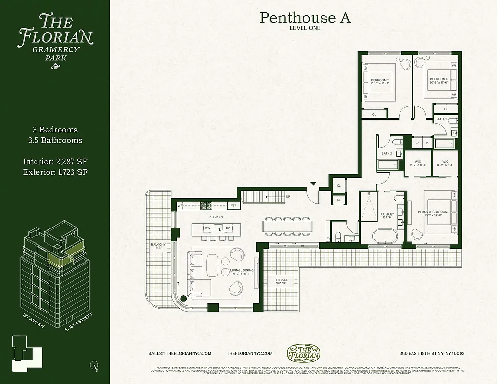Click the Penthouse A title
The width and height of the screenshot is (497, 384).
[305, 18]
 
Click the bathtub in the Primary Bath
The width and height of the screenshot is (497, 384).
[386, 237]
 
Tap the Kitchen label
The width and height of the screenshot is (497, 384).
[216, 217]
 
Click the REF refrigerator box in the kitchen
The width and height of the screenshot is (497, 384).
[233, 205]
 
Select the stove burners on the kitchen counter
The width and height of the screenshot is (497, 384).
[206, 205]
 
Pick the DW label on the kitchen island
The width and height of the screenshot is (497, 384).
[228, 228]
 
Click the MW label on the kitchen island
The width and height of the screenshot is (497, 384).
[208, 228]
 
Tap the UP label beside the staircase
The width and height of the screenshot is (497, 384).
[288, 196]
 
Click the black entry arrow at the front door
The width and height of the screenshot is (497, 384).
[313, 183]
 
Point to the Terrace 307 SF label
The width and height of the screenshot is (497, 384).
[281, 281]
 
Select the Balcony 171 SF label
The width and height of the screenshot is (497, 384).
[158, 246]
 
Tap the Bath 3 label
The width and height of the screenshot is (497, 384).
[441, 119]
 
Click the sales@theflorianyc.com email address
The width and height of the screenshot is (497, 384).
[180, 353]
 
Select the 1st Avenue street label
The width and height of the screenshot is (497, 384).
[34, 321]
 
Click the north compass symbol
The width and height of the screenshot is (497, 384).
[91, 366]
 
